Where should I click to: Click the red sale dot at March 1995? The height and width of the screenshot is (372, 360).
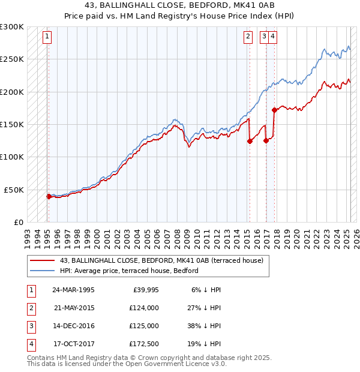49,196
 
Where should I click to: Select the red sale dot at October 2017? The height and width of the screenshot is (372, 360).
274,110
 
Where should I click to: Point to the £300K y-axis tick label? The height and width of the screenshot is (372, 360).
12,27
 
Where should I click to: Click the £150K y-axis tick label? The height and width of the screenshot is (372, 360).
12,124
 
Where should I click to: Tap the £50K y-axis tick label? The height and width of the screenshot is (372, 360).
14,190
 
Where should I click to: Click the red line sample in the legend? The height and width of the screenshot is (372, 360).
41,260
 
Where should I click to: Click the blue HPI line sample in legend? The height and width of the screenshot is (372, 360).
41,271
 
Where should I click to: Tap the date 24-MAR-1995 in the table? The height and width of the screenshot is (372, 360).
73,290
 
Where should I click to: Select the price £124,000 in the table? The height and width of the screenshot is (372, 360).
145,308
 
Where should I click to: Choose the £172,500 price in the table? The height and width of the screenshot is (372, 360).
145,344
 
